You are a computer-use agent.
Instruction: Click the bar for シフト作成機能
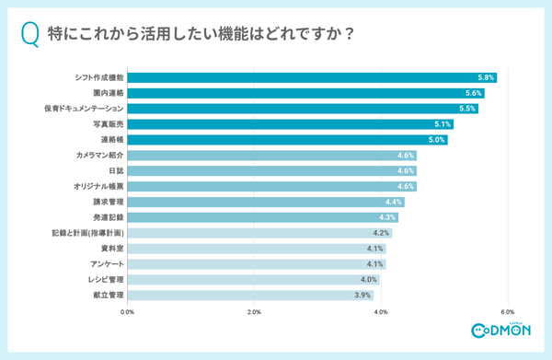tap(313, 77)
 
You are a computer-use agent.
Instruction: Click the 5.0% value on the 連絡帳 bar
tap(437, 140)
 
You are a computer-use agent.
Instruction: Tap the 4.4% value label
tap(394, 202)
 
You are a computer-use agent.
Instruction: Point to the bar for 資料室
tap(258, 249)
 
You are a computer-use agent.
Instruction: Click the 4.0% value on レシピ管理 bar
tap(369, 280)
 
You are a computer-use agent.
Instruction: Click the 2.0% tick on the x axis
tap(255, 312)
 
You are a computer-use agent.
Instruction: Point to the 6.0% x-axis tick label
tap(507, 312)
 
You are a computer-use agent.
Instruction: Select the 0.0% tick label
tap(128, 312)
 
